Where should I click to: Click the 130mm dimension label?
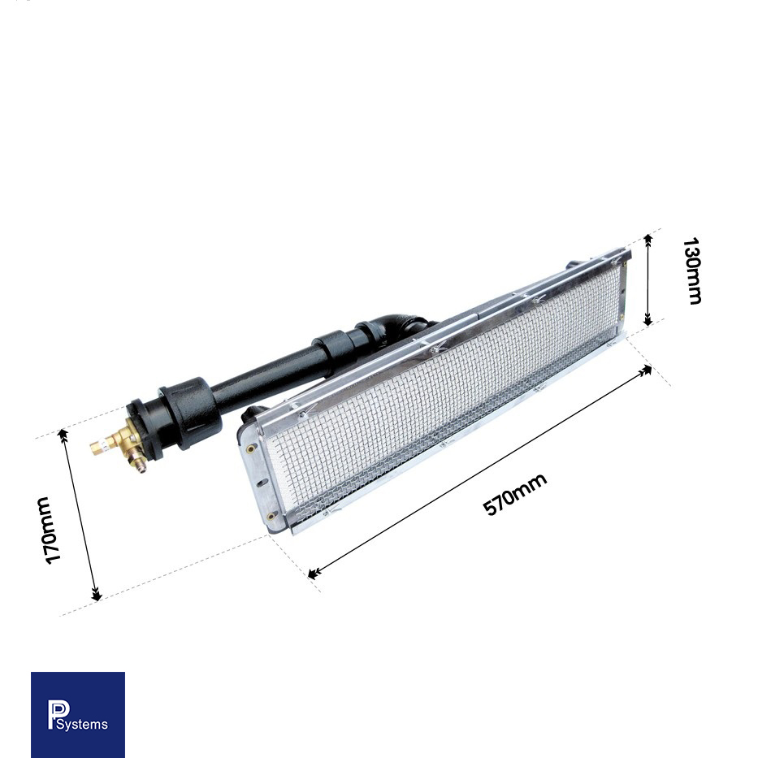click(x=691, y=271)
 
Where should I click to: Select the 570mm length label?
click(x=514, y=494)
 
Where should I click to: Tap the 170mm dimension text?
click(x=50, y=531)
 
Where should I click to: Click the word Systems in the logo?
click(x=81, y=724)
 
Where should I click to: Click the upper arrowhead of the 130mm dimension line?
click(x=648, y=238)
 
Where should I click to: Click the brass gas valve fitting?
click(x=126, y=442)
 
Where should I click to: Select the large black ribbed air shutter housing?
click(x=188, y=412)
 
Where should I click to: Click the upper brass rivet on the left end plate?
click(x=250, y=447)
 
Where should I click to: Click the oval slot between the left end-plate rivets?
click(x=262, y=482)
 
